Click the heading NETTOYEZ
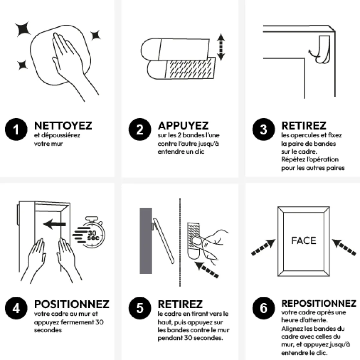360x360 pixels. (x=63, y=126)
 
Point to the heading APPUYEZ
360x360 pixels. (x=183, y=126)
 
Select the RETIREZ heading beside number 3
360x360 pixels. (x=303, y=126)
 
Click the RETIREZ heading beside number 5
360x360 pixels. (x=180, y=304)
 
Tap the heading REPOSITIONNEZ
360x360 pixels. (x=319, y=303)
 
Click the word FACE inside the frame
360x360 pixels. (x=303, y=240)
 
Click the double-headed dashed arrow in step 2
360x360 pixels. (x=221, y=47)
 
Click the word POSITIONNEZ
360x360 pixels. (x=71, y=304)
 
